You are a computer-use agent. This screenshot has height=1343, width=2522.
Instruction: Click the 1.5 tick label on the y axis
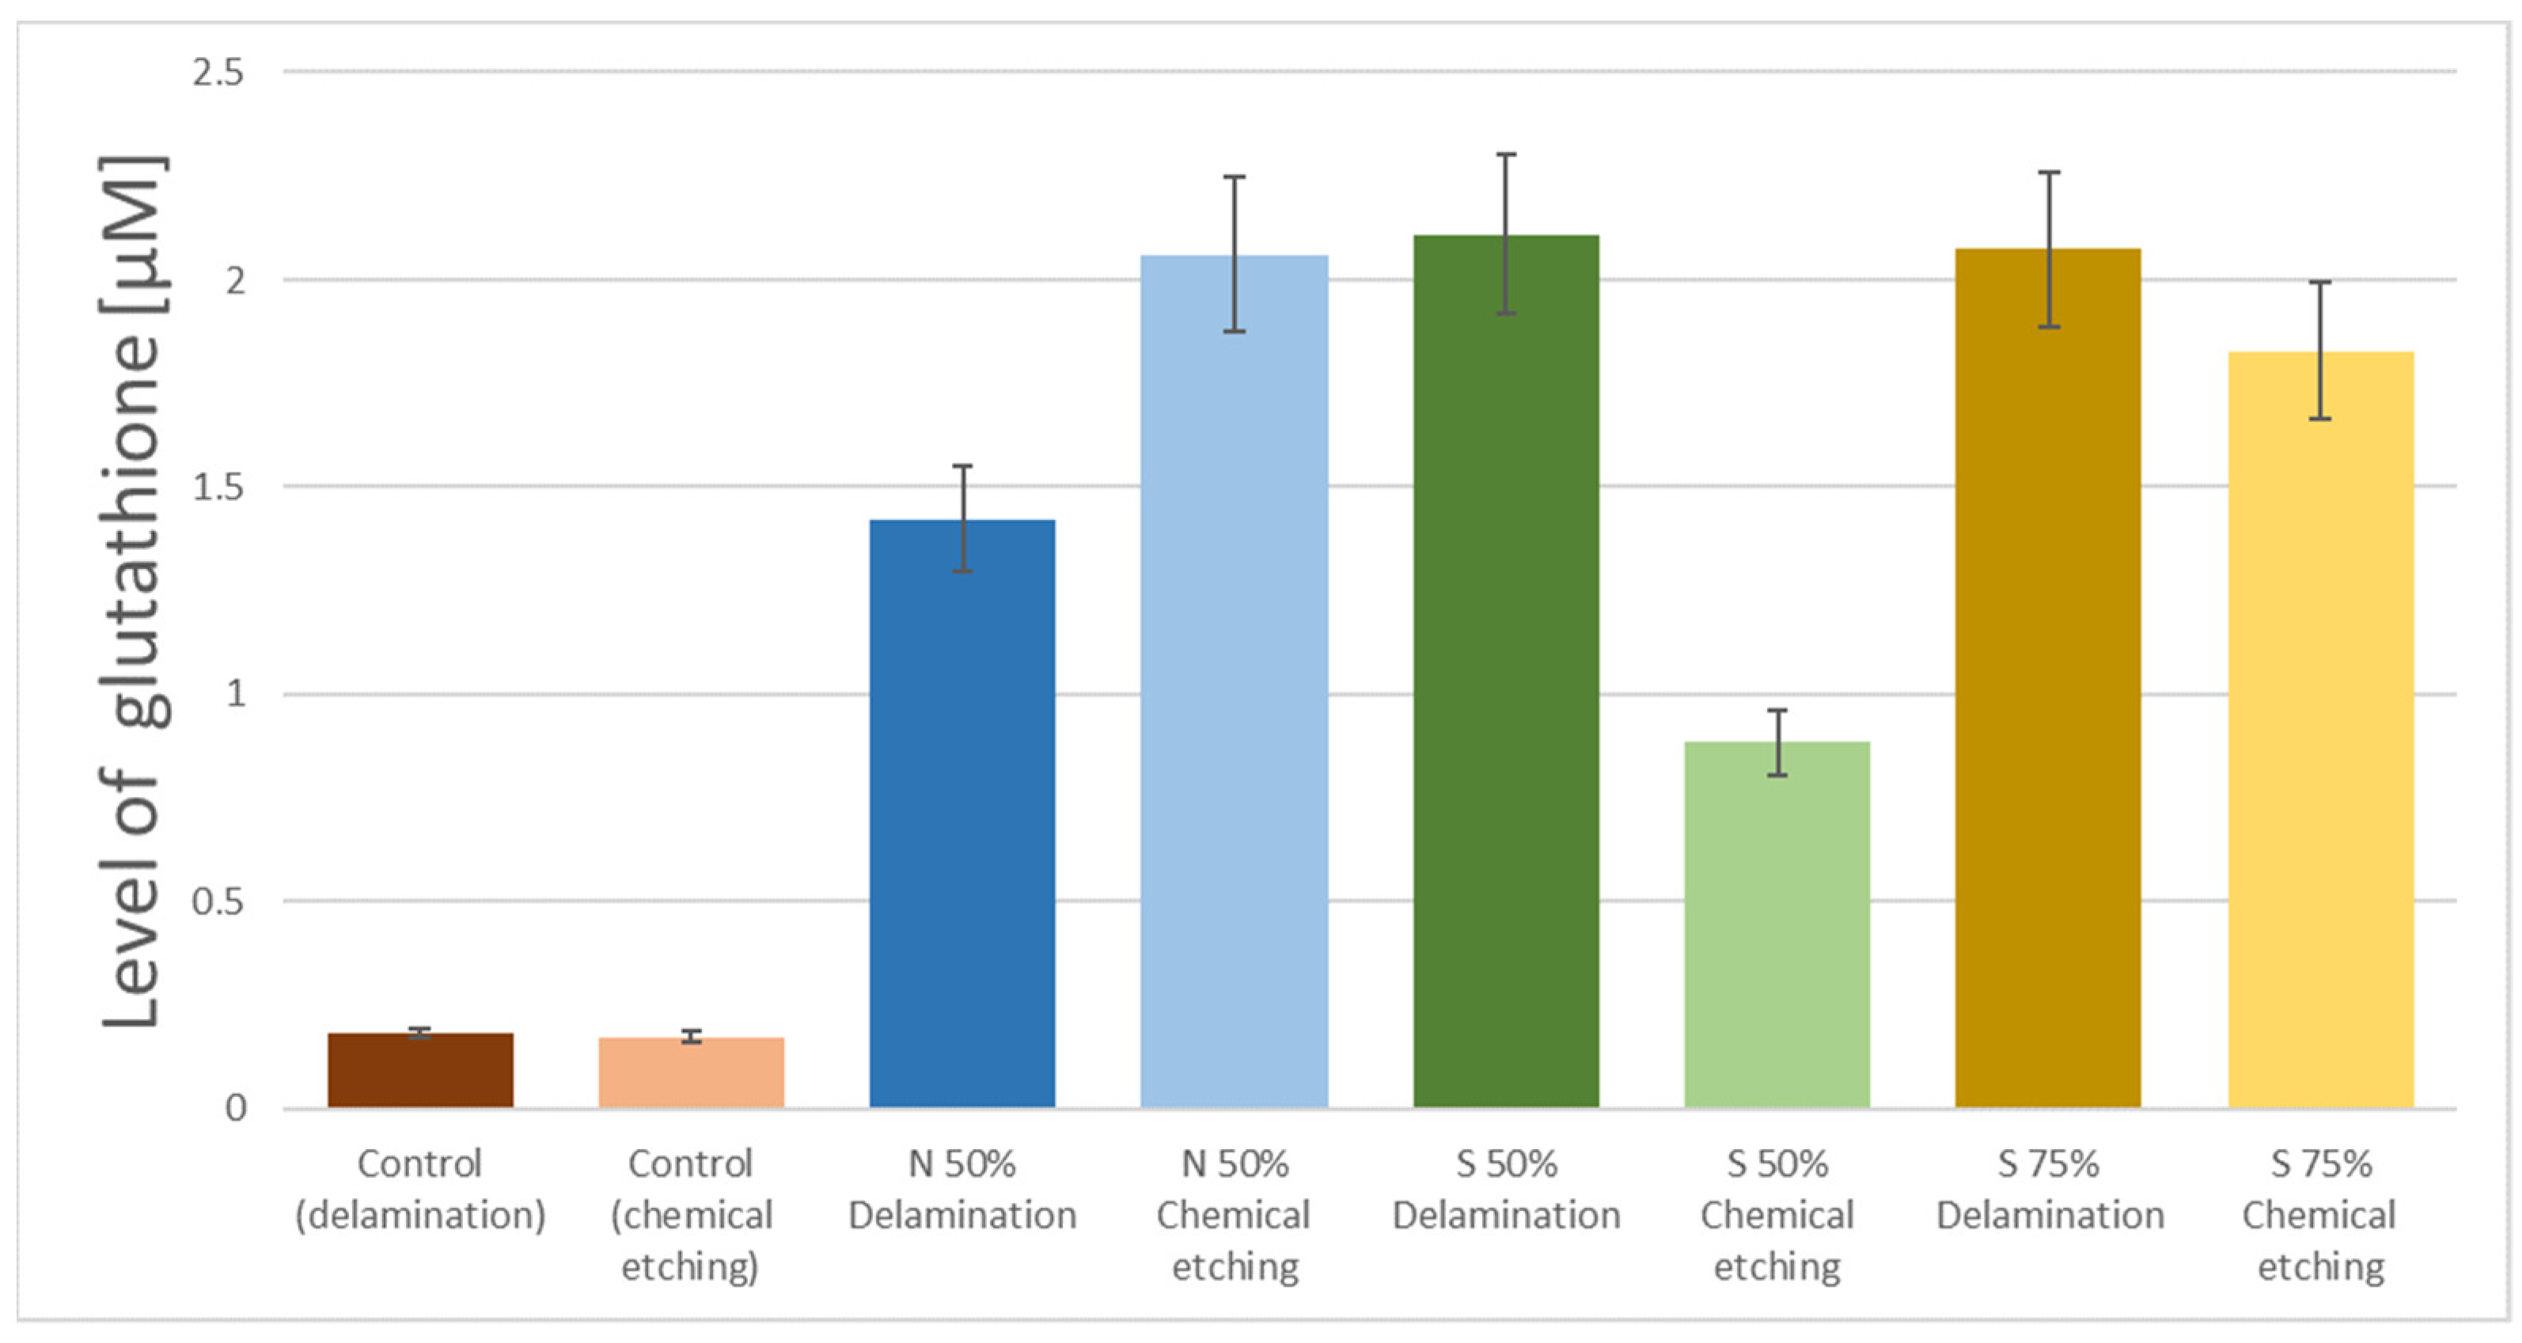click(218, 487)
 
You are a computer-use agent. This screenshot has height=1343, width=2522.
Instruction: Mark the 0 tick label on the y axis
click(236, 1108)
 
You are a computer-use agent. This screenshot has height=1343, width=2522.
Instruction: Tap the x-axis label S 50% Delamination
click(1506, 1189)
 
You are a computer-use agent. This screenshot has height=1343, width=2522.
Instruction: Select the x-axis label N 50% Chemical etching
click(1234, 1215)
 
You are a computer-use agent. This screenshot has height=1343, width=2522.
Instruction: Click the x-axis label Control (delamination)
click(420, 1189)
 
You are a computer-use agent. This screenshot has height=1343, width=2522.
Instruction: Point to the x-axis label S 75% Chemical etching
click(2320, 1215)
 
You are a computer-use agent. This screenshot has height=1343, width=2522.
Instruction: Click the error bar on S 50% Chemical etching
click(1777, 742)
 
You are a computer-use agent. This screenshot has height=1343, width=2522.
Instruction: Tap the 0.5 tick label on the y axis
click(218, 901)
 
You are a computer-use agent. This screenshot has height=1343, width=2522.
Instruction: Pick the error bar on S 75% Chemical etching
click(2320, 351)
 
